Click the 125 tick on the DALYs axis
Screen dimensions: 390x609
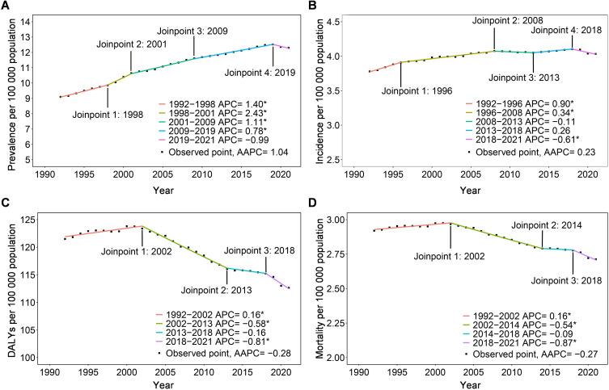(39, 219)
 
